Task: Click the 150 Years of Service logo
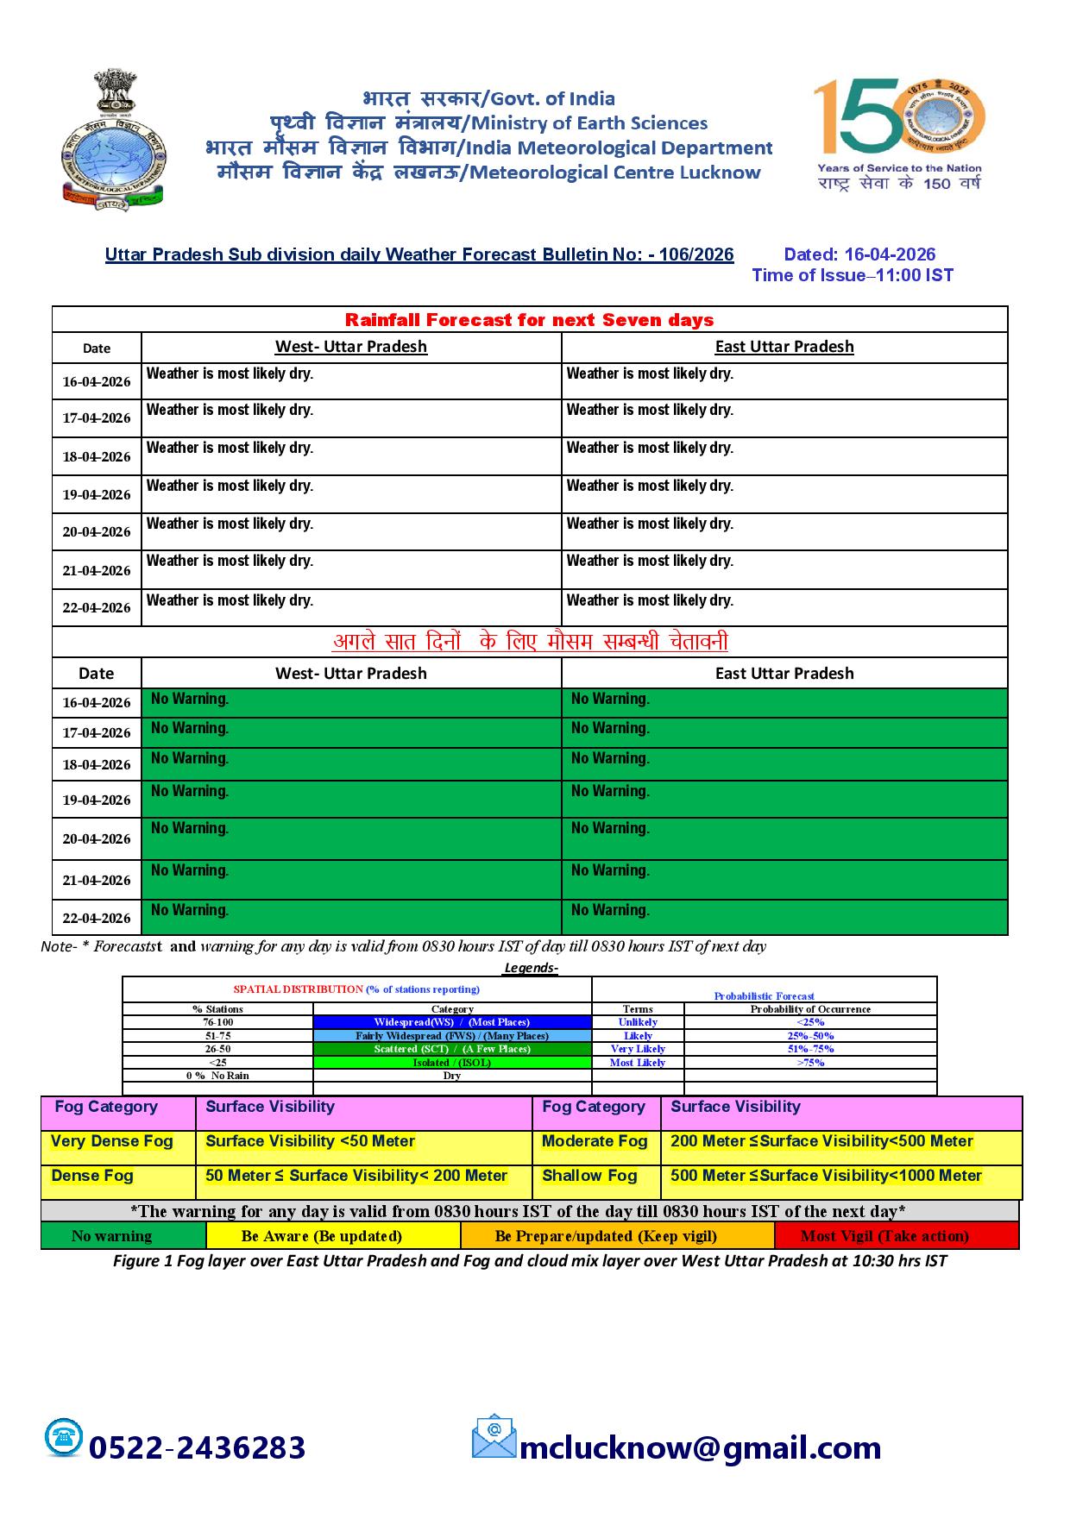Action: coord(899,134)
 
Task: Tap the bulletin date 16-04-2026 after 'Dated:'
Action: coord(890,254)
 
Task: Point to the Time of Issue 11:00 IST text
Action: coord(853,275)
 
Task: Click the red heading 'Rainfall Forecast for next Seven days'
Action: coord(529,320)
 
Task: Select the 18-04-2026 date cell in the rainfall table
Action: coord(97,456)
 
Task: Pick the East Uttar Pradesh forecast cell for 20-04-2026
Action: coord(784,531)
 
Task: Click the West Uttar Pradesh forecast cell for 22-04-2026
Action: coord(351,607)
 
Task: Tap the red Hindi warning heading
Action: coord(530,642)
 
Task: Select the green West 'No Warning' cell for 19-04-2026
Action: coord(351,799)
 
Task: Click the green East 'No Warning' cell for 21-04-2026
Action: coord(784,879)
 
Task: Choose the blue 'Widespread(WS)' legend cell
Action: coord(452,1022)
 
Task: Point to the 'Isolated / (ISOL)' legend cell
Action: coord(452,1063)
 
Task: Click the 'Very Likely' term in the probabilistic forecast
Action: coord(638,1049)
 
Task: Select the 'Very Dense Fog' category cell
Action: coord(112,1142)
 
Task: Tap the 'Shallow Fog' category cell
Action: coord(589,1177)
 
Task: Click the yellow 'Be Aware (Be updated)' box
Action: coord(333,1236)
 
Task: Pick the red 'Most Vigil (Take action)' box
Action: coord(896,1236)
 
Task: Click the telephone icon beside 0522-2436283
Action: coord(64,1437)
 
